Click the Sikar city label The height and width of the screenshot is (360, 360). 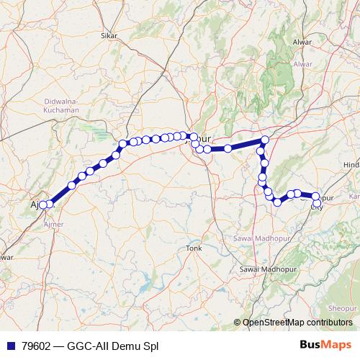(x=109, y=35)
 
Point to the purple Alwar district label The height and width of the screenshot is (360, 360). (x=302, y=64)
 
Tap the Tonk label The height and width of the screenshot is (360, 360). (x=193, y=248)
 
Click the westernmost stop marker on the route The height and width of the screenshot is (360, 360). (x=42, y=204)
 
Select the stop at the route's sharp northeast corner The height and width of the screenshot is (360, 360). (x=265, y=140)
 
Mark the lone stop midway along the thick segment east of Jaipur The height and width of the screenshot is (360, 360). (x=228, y=148)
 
